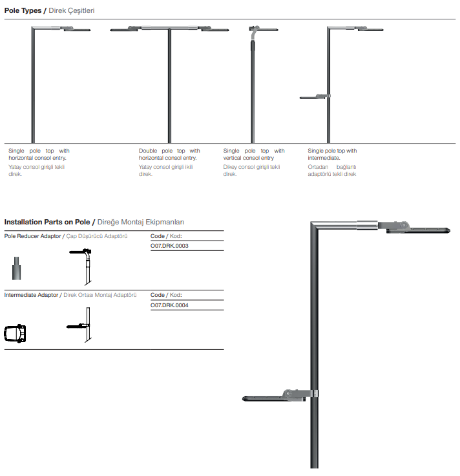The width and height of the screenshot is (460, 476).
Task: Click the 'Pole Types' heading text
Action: coord(25,11)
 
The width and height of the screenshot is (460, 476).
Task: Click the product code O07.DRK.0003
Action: coord(169,246)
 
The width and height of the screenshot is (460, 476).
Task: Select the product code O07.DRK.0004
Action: coord(169,305)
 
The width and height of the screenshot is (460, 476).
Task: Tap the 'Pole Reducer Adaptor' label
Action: coord(33,237)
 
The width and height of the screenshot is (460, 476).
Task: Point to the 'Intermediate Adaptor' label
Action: coord(32,295)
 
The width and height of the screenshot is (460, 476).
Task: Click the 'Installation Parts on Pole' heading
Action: coord(48,222)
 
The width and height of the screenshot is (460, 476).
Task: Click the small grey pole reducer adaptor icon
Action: coord(17,266)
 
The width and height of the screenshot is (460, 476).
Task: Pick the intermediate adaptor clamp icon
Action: coord(16,334)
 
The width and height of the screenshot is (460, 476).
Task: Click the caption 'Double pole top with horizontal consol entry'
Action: coord(169,155)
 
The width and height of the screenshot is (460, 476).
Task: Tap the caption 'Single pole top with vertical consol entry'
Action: coord(253,155)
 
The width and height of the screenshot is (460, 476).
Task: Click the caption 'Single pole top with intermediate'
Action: coord(332,155)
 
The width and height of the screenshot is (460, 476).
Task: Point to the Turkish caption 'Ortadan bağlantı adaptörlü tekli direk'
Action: coord(332,170)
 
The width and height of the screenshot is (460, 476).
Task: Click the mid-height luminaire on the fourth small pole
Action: coord(314,97)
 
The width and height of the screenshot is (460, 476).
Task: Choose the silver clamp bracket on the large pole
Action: coord(315,396)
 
